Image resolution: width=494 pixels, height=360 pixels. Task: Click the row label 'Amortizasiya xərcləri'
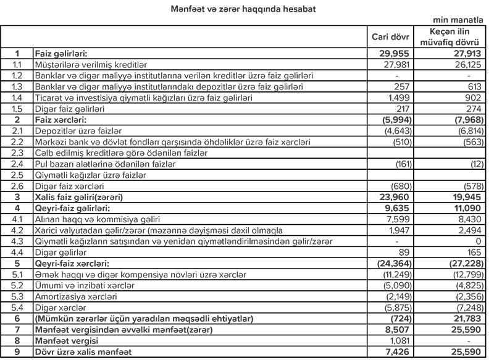(x=74, y=297)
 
